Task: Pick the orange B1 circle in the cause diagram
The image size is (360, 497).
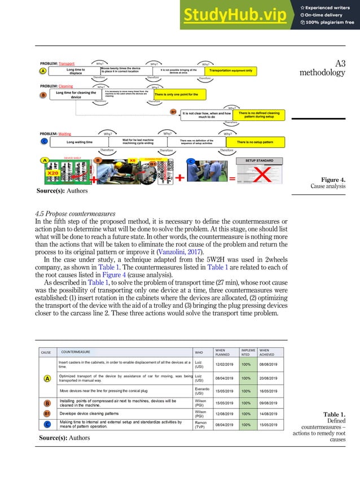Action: (x=174, y=112)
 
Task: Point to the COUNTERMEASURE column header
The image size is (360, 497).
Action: (x=76, y=352)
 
